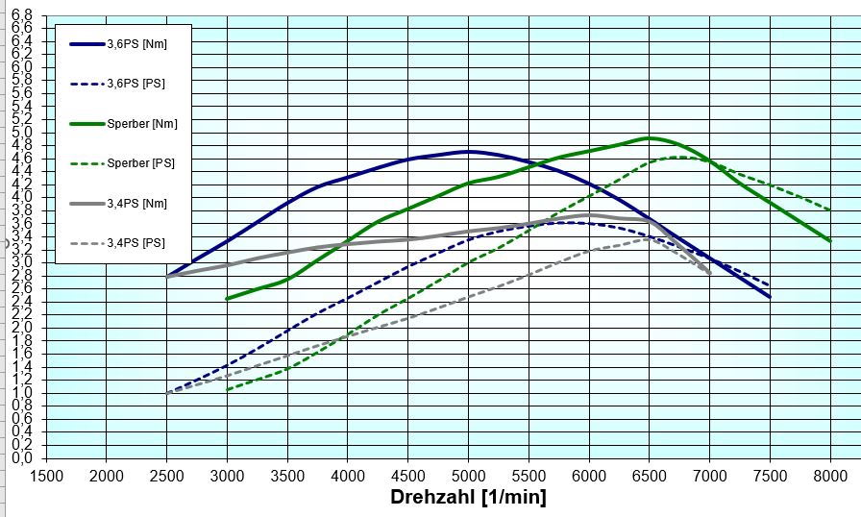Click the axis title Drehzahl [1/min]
(468, 497)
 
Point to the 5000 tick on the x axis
(468, 474)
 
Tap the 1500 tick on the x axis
(46, 474)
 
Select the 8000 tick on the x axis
(830, 474)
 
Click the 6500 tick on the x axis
(649, 474)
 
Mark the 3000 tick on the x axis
(227, 474)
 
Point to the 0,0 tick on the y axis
(21, 458)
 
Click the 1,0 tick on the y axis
(21, 392)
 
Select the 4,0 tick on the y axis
(21, 197)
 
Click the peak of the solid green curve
(649, 138)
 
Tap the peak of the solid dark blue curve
(468, 151)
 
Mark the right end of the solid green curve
(830, 241)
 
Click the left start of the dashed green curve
(227, 389)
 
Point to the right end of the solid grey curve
(710, 274)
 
